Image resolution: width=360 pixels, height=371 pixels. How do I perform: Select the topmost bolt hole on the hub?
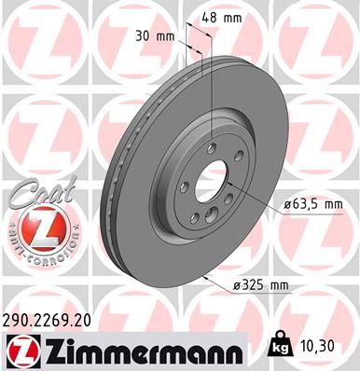[211, 146]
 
